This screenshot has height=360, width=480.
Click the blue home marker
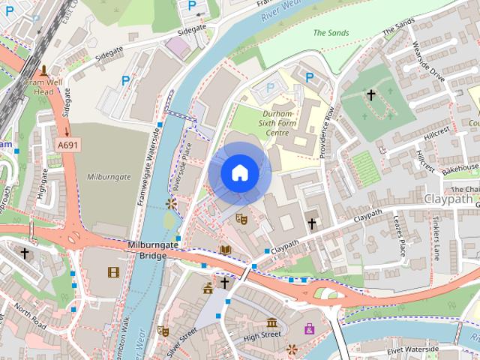click(239, 173)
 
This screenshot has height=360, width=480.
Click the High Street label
click(261, 335)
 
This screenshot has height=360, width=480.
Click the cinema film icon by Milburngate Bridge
click(113, 272)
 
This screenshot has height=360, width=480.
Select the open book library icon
click(225, 250)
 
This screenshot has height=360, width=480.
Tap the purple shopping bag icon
click(309, 328)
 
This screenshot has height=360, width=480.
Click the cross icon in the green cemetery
click(370, 95)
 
